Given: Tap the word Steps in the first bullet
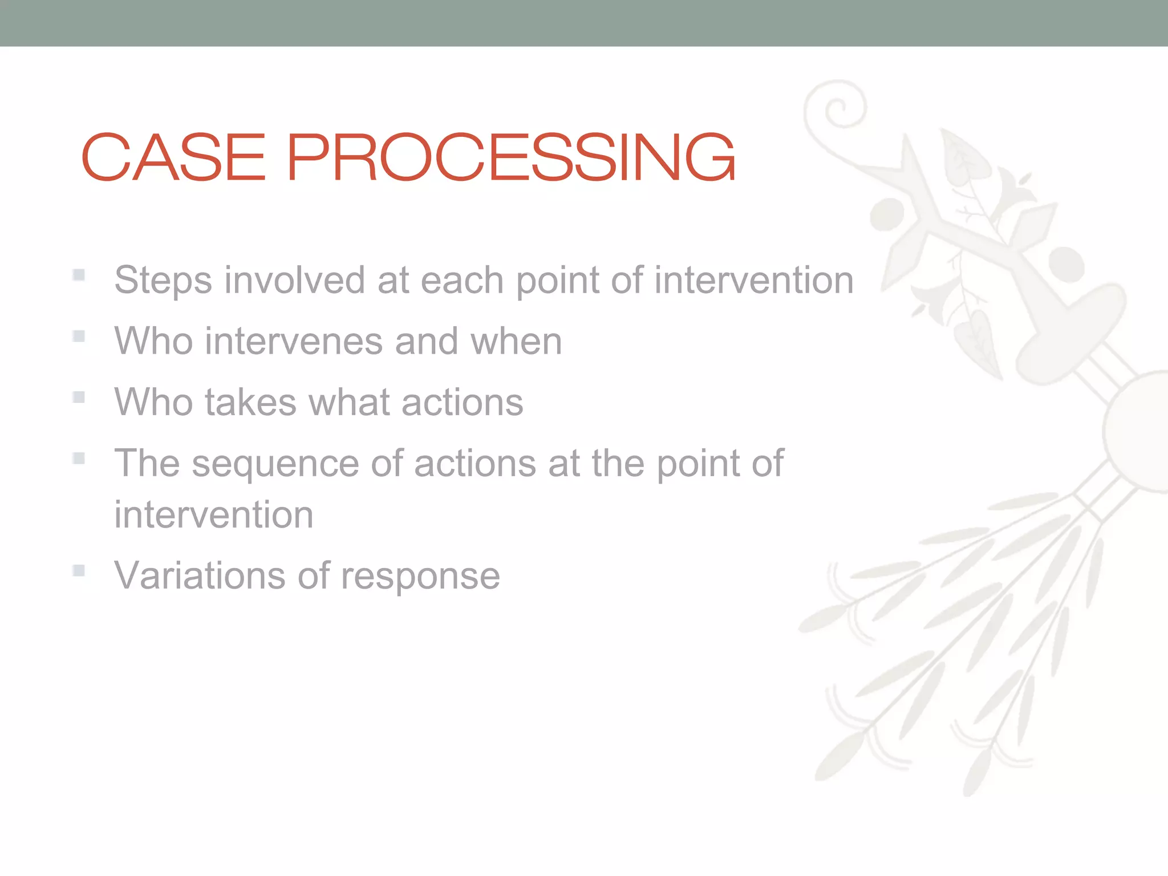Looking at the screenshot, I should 163,281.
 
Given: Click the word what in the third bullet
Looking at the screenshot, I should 348,402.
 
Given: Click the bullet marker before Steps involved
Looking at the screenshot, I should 79,275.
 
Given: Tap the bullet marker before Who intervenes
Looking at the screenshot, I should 79,336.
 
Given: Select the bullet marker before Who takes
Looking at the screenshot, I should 79,397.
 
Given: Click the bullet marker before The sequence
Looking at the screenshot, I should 79,458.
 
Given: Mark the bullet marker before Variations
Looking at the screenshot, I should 79,570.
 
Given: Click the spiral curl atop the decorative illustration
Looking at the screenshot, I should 837,107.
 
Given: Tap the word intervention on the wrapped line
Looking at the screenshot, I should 213,515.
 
